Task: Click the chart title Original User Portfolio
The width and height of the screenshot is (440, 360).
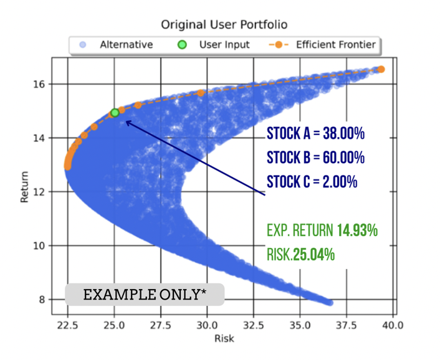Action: click(224, 25)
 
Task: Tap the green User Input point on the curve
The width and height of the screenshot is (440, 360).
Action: click(115, 113)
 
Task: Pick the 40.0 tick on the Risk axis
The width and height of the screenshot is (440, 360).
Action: click(393, 325)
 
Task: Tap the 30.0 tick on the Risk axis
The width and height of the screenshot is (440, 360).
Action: click(206, 325)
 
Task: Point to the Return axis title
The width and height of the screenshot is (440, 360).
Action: click(26, 191)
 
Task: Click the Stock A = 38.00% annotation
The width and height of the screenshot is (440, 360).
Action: click(315, 134)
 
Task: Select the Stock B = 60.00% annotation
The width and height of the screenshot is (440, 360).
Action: click(315, 158)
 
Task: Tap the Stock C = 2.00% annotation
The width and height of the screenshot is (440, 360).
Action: click(312, 182)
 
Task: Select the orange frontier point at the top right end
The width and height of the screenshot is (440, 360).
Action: click(381, 69)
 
